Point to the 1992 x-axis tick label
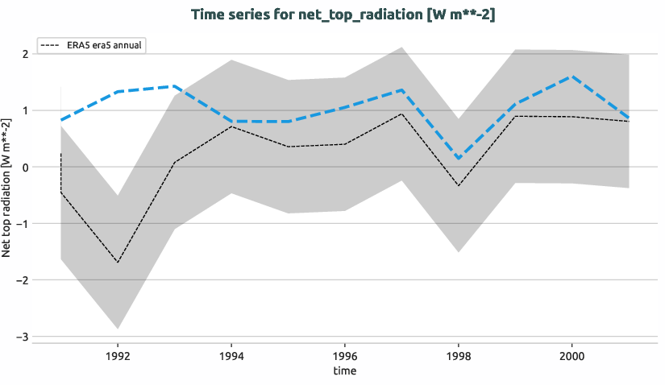tap(118, 354)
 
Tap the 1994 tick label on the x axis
tap(231, 354)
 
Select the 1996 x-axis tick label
tap(345, 354)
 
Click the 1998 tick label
tap(458, 354)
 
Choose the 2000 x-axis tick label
tap(571, 354)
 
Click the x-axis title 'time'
tap(344, 371)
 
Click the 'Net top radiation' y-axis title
tap(7, 187)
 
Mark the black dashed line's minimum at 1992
tap(118, 263)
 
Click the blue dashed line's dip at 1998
tap(458, 159)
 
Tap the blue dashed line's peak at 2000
tap(571, 77)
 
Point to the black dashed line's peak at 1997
tap(401, 114)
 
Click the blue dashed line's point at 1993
tap(174, 86)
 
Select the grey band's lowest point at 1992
tap(118, 329)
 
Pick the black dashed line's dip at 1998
tap(458, 186)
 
